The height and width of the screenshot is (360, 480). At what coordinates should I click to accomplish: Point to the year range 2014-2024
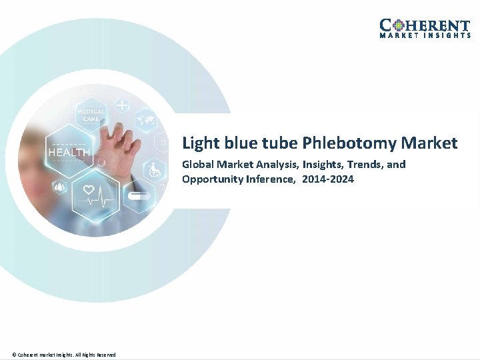click(328, 179)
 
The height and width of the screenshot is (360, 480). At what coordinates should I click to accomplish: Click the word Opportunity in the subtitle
click(211, 179)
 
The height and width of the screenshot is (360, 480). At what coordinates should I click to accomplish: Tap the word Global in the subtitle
click(198, 164)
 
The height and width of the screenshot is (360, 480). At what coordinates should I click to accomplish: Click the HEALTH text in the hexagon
click(69, 153)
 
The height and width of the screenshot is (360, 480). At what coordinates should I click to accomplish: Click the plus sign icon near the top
click(122, 105)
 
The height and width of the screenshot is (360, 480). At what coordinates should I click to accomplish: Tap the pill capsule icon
click(139, 197)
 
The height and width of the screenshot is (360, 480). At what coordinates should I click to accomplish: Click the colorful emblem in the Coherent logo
click(397, 25)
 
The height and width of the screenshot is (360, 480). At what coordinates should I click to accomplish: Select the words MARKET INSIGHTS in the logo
click(425, 35)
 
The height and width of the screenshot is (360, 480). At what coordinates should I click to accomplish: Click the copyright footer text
click(64, 355)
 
